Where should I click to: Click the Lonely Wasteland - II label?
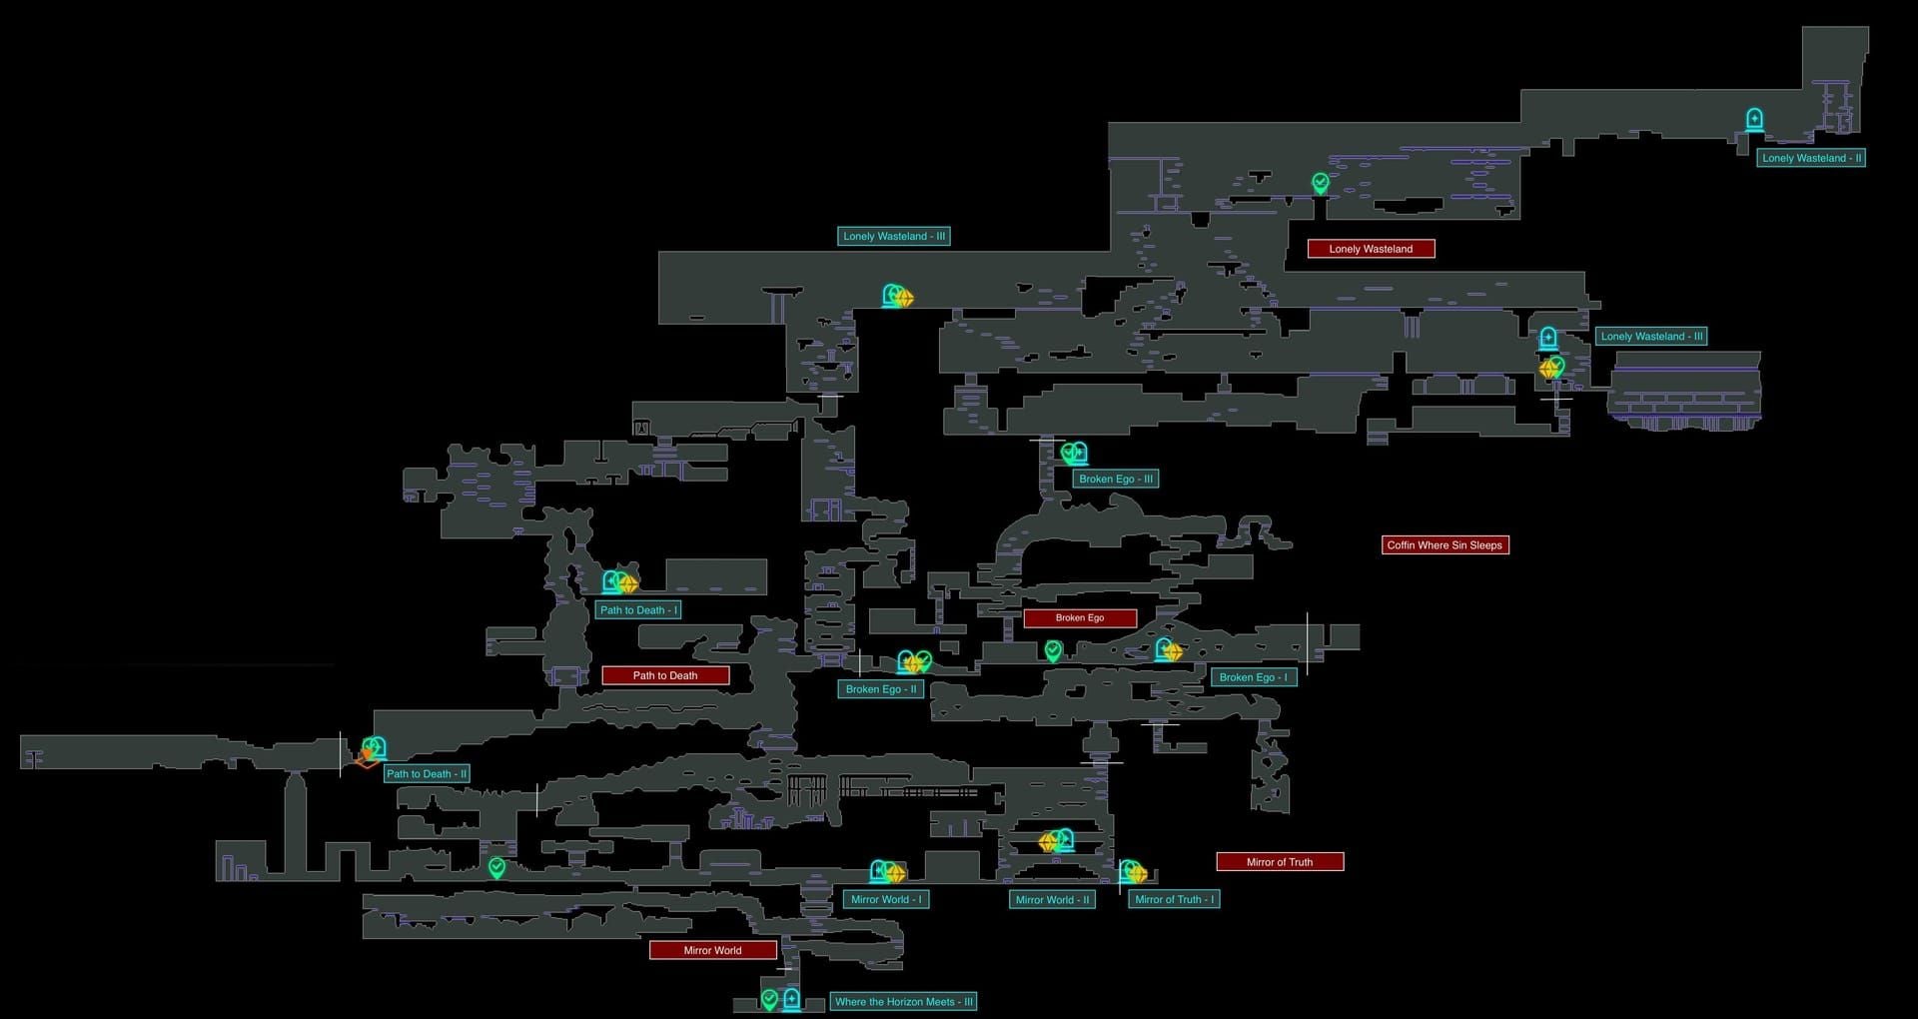pos(1811,158)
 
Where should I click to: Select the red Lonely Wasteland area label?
pos(1371,249)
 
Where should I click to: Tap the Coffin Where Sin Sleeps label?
pos(1444,545)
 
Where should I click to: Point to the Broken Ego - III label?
pos(1115,479)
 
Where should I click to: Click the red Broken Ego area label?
pos(1079,617)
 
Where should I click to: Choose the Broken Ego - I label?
pos(1253,677)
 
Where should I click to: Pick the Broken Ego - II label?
pos(880,689)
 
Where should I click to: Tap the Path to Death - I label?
pos(638,610)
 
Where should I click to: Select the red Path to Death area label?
pos(665,675)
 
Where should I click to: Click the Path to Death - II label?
pos(426,774)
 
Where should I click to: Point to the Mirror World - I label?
pos(886,899)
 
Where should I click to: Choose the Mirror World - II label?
pos(1052,899)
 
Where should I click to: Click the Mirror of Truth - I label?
pos(1174,899)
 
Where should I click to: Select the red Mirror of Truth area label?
pos(1280,862)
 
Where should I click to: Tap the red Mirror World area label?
pos(712,950)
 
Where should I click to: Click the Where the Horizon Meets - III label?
pos(903,1002)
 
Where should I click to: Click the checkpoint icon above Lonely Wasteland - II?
pos(1754,120)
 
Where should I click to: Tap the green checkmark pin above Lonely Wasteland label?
pos(1321,183)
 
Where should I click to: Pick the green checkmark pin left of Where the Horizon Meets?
pos(769,999)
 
